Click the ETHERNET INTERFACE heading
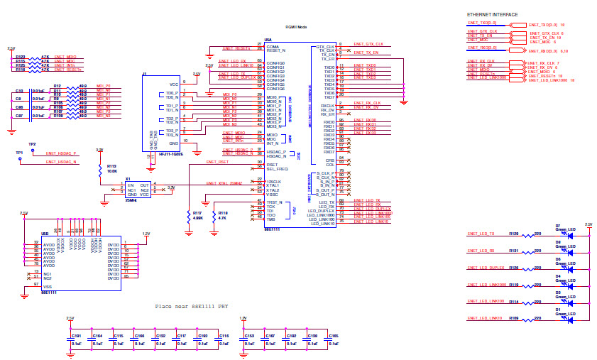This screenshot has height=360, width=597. point(492,15)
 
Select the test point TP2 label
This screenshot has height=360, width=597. point(32,144)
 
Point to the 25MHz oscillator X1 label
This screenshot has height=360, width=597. point(128,179)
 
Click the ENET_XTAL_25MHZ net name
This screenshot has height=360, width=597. point(224,183)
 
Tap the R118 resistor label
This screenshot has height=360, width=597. point(223,212)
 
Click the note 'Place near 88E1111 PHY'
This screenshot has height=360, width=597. point(192,307)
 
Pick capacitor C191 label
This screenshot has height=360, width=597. point(77,335)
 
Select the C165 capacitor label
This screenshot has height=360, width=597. point(334,335)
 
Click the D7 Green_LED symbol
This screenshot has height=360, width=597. point(569,234)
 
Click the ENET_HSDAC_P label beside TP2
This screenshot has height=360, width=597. point(61,153)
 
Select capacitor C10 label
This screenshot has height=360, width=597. point(20,92)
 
